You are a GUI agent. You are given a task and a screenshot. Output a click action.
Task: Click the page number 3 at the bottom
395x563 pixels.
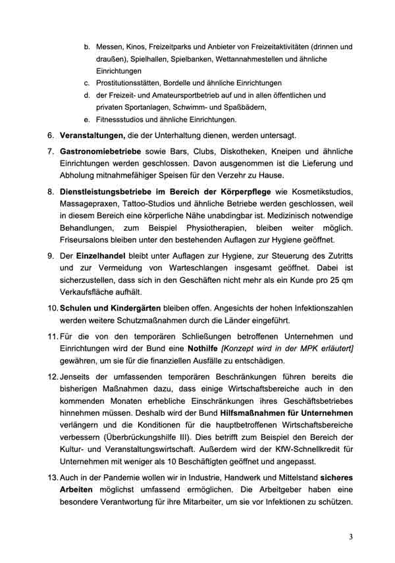pyautogui.click(x=352, y=537)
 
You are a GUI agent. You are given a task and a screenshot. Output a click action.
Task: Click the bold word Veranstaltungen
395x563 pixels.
pyautogui.click(x=92, y=136)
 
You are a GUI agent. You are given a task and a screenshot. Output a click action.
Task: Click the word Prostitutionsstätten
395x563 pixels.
pyautogui.click(x=134, y=84)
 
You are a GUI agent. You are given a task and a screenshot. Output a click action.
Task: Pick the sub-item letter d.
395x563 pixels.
pyautogui.click(x=87, y=95)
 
